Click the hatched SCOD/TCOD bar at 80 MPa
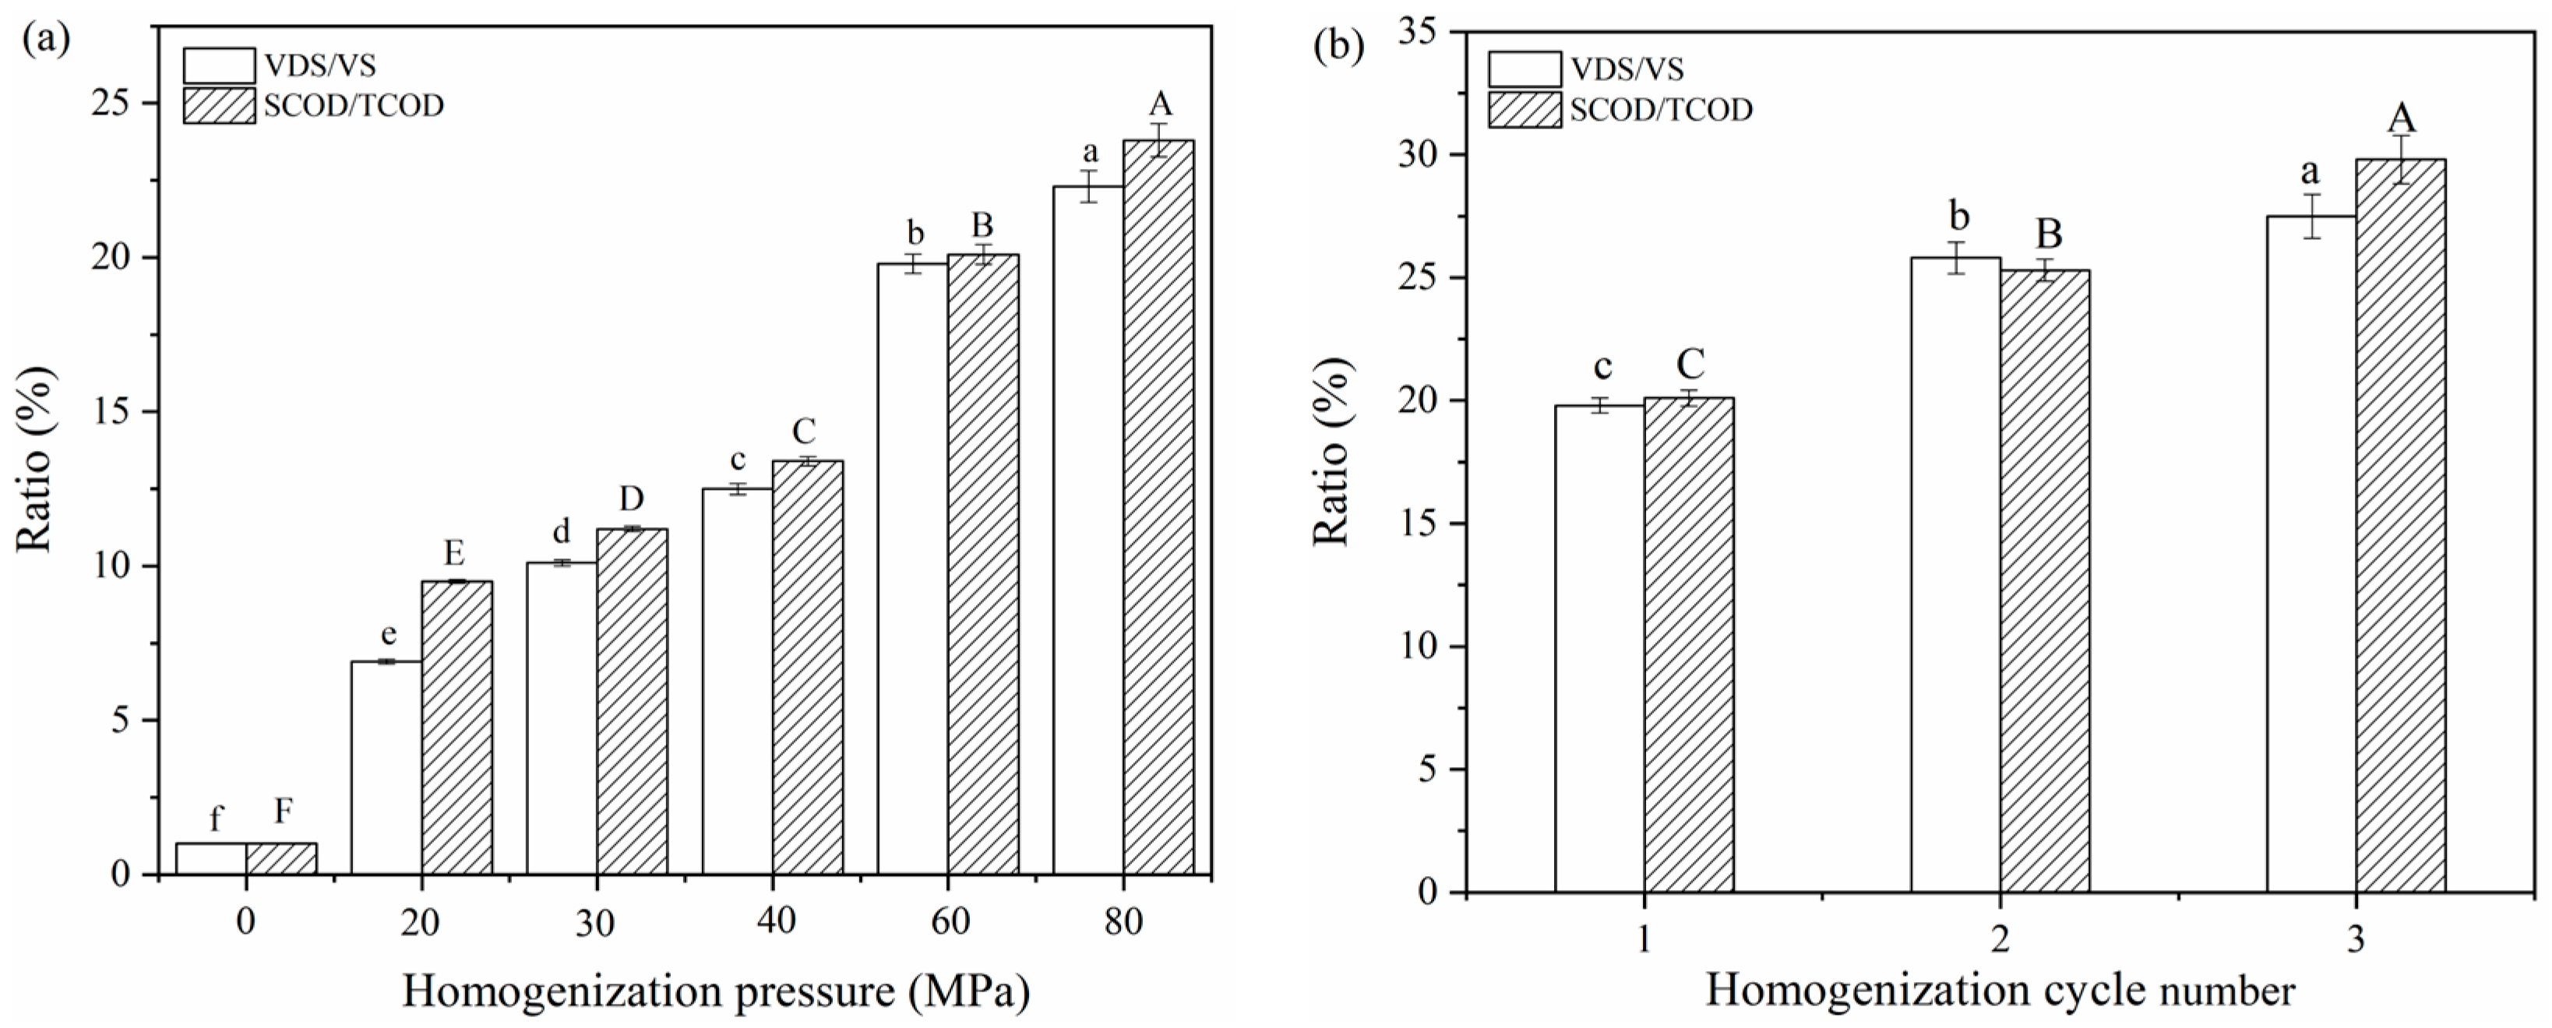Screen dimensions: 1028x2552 [x=1158, y=507]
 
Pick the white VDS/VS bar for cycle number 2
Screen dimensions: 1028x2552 [x=1955, y=575]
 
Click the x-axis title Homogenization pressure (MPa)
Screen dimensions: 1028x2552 [x=715, y=992]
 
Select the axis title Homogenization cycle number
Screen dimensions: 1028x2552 [x=1999, y=991]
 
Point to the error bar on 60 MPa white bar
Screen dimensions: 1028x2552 [x=914, y=265]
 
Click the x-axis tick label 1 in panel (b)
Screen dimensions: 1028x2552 [x=1644, y=939]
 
